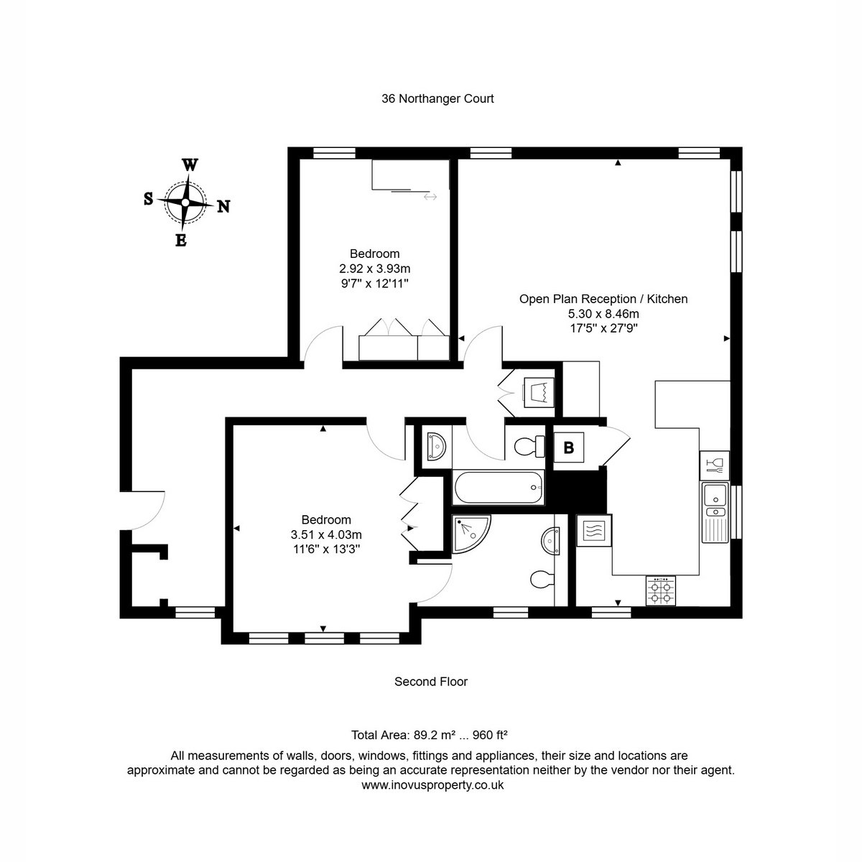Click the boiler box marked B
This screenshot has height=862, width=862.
click(x=568, y=448)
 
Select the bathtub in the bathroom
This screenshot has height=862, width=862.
click(x=499, y=488)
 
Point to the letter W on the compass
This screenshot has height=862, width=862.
click(x=190, y=164)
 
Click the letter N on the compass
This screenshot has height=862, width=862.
click(x=223, y=206)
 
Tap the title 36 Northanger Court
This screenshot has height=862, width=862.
click(x=437, y=98)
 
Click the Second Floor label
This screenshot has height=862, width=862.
click(x=431, y=681)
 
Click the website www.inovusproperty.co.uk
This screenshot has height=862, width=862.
click(x=432, y=784)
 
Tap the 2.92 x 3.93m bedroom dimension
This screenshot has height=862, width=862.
click(x=374, y=269)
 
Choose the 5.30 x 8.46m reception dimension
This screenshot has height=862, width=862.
click(x=603, y=314)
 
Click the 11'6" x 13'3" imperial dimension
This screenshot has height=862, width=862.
click(x=327, y=549)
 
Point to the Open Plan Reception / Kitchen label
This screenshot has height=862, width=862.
click(x=603, y=299)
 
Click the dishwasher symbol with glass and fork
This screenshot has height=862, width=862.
click(x=714, y=465)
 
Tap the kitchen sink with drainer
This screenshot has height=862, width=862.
click(x=715, y=513)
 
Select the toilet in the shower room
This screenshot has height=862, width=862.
click(x=542, y=580)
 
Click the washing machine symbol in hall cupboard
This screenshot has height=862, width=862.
click(x=539, y=392)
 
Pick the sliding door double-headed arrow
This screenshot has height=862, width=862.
click(x=430, y=197)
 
